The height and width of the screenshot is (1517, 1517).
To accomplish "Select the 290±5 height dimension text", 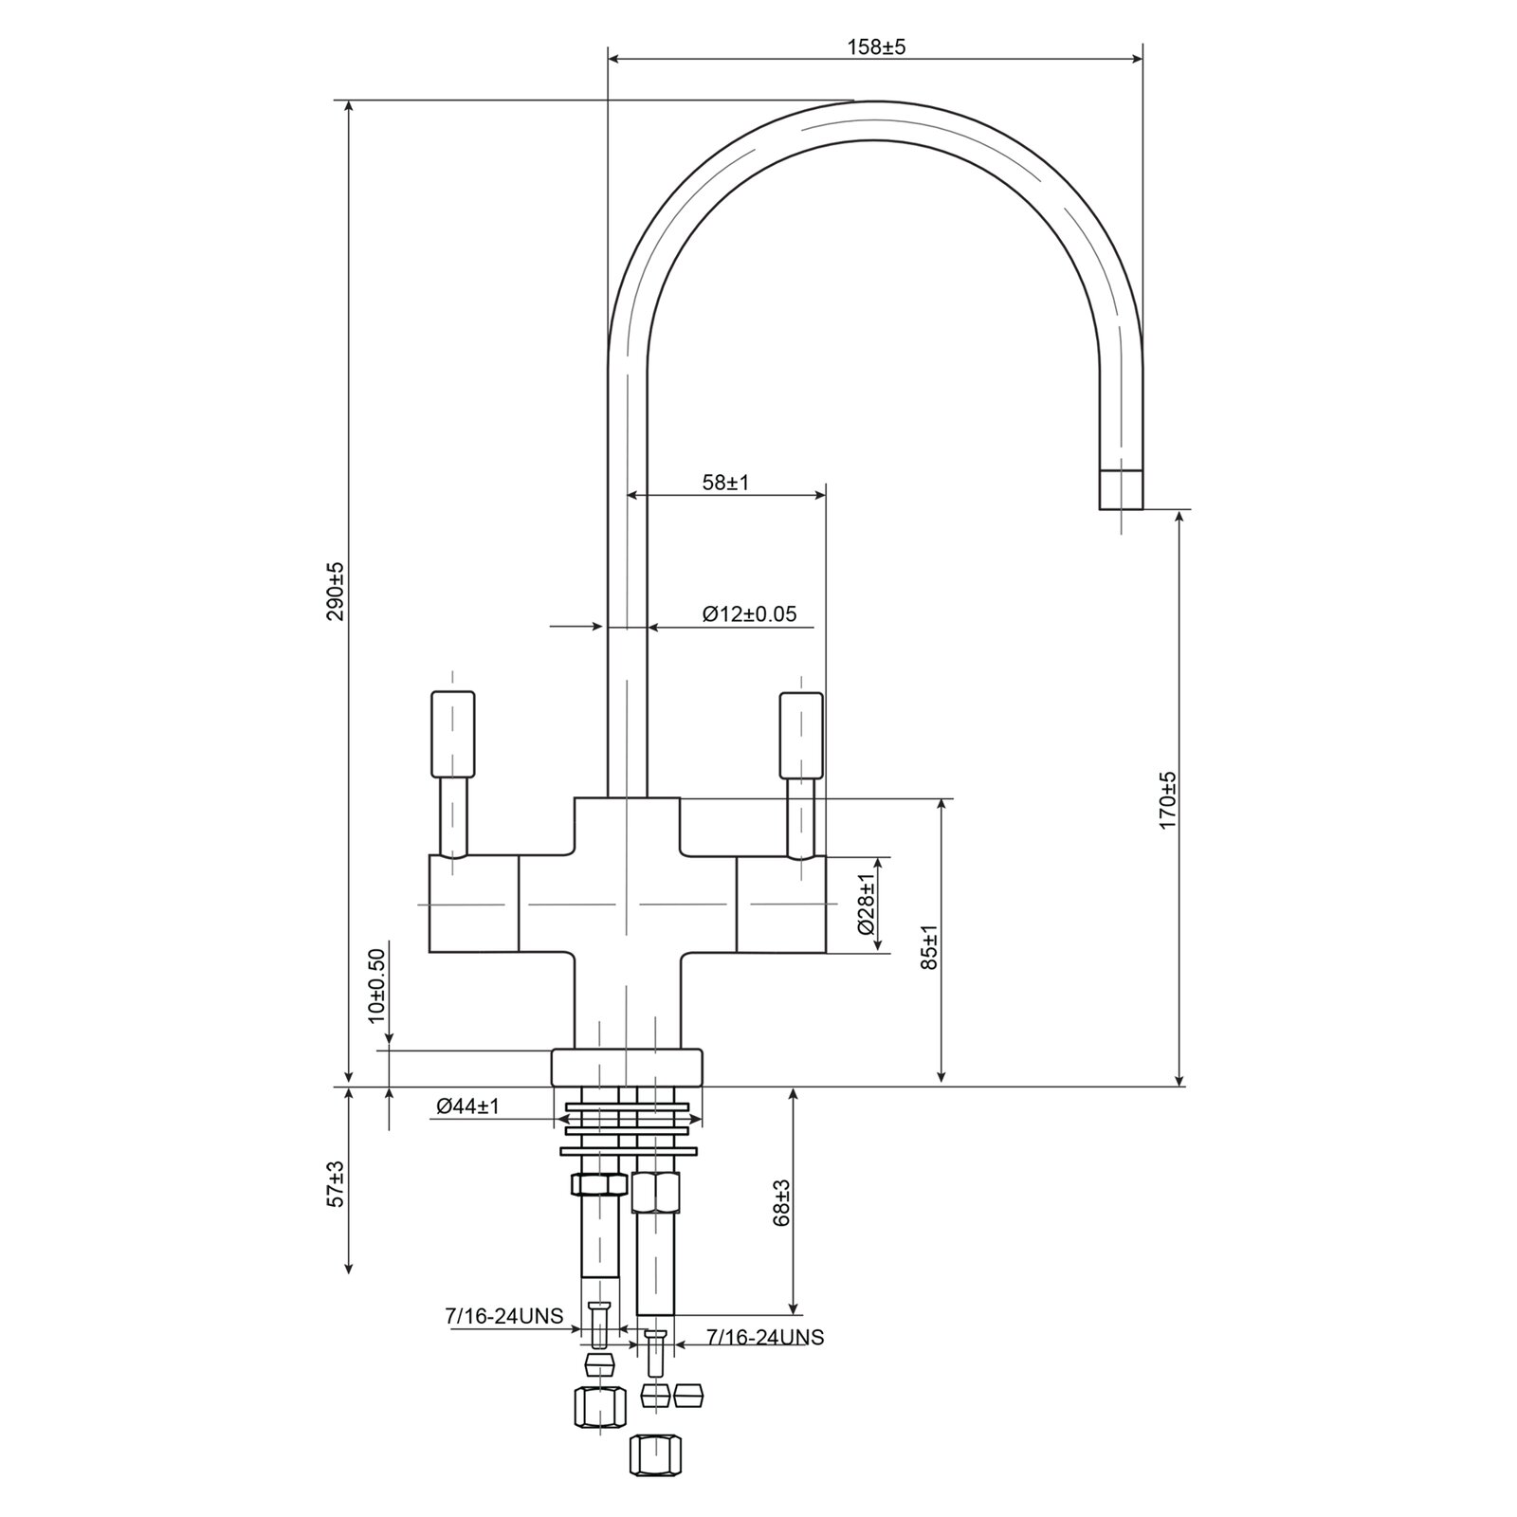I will (x=334, y=592).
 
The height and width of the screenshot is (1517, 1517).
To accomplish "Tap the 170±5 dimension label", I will (x=1167, y=800).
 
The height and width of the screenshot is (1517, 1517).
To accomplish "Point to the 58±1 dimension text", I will (x=725, y=483).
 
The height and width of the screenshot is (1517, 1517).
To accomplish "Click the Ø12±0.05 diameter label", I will (x=749, y=614).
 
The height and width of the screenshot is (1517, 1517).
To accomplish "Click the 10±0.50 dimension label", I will (x=377, y=984).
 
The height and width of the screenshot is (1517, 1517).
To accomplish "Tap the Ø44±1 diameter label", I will (x=468, y=1106).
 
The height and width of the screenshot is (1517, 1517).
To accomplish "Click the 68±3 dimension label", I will (x=781, y=1202).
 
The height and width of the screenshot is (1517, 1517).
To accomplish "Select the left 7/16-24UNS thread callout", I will (x=503, y=1316).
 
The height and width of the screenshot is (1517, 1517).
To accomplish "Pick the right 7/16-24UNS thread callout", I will (x=765, y=1337).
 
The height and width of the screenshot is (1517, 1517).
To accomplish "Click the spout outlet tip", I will (x=1121, y=489).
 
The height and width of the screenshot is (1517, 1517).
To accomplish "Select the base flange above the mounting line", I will (x=627, y=1067).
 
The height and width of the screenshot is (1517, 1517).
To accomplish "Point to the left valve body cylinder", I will (x=474, y=904).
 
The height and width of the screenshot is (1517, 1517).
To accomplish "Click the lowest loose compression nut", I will (x=655, y=1454).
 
